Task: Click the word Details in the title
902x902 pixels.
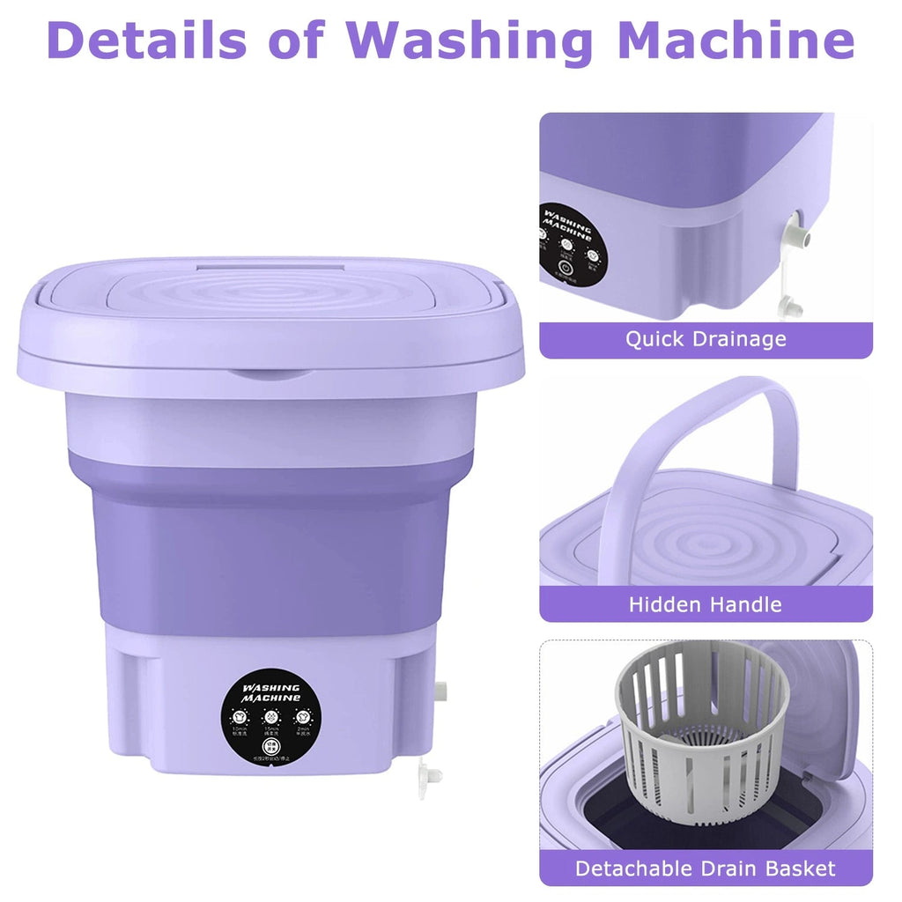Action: coord(141,41)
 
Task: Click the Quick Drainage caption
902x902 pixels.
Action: coord(706,339)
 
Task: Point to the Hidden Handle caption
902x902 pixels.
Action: coord(706,604)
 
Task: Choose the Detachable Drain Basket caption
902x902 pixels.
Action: coord(706,868)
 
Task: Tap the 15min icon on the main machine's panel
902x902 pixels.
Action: coord(271,718)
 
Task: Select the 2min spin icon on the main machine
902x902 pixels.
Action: coord(302,718)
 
